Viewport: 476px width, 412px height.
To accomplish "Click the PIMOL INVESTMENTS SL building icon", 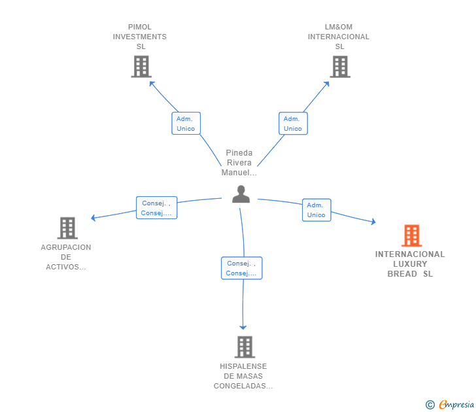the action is (x=141, y=67).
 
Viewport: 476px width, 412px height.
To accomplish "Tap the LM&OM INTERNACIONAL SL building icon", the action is (x=340, y=67).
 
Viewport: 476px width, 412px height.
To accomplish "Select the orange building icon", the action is (x=412, y=235).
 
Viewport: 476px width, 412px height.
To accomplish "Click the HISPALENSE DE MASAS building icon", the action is (x=245, y=347).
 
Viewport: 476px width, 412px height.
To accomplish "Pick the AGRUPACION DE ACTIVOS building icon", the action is (x=67, y=228).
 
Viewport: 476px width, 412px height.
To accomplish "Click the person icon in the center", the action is (x=241, y=194).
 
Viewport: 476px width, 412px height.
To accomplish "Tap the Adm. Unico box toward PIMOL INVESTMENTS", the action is (x=186, y=123).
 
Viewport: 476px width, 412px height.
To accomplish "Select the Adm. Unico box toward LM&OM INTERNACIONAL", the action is (x=293, y=123).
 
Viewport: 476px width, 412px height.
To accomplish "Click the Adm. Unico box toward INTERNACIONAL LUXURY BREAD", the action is (x=316, y=210).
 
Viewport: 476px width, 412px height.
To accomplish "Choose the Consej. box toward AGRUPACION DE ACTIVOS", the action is (x=157, y=208).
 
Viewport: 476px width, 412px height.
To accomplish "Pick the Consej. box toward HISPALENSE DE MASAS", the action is (x=242, y=268).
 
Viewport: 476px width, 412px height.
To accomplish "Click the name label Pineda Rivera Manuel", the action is (x=239, y=162).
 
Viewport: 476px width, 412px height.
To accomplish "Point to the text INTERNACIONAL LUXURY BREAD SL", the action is (x=410, y=264).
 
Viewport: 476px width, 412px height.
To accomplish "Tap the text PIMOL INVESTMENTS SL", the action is (x=140, y=37).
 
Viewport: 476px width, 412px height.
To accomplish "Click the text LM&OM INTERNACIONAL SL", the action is (x=339, y=37).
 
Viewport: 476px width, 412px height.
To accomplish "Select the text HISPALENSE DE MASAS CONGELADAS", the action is (x=243, y=376).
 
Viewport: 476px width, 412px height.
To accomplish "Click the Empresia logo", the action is (x=450, y=404).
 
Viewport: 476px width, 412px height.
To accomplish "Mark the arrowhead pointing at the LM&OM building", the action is (x=327, y=84).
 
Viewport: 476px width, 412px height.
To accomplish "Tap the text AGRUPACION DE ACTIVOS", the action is (x=66, y=257).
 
